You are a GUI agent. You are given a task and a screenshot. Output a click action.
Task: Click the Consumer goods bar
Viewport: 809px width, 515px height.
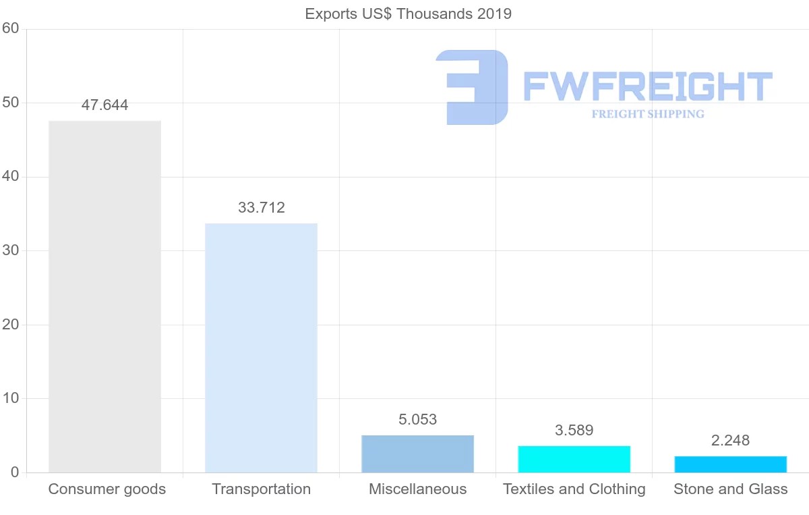(104, 297)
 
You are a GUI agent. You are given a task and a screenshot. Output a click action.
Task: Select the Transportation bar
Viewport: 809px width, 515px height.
(261, 348)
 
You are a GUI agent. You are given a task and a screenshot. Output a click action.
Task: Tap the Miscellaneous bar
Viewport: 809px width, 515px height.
(417, 454)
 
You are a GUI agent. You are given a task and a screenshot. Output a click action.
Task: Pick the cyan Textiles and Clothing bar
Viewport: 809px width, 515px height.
(574, 459)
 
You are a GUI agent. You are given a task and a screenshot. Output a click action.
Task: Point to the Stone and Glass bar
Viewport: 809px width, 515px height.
(730, 464)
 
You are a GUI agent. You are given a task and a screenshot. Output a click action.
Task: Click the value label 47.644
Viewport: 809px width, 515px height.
(104, 105)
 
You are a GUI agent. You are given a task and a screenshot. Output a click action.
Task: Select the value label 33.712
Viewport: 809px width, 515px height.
(261, 208)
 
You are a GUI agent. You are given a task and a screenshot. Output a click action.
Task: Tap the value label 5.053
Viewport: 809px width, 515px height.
(417, 420)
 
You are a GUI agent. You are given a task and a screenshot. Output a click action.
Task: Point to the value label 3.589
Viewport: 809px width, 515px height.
(574, 431)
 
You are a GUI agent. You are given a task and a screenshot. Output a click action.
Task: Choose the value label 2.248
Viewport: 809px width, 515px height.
(730, 441)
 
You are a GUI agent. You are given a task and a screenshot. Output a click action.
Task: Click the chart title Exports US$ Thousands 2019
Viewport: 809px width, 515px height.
(408, 13)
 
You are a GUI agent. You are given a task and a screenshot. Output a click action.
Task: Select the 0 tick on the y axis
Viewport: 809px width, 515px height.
(14, 472)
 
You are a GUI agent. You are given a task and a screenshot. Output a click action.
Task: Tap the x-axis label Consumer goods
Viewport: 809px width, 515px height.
(107, 489)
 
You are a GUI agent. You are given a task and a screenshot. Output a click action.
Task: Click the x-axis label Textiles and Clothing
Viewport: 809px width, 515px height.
(574, 489)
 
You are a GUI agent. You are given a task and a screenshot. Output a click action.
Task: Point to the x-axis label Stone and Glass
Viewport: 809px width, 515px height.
(730, 489)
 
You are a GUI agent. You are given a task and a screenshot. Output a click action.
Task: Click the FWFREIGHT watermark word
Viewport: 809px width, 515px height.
(647, 86)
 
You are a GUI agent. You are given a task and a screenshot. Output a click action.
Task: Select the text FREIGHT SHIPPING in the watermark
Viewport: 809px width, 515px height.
(647, 114)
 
